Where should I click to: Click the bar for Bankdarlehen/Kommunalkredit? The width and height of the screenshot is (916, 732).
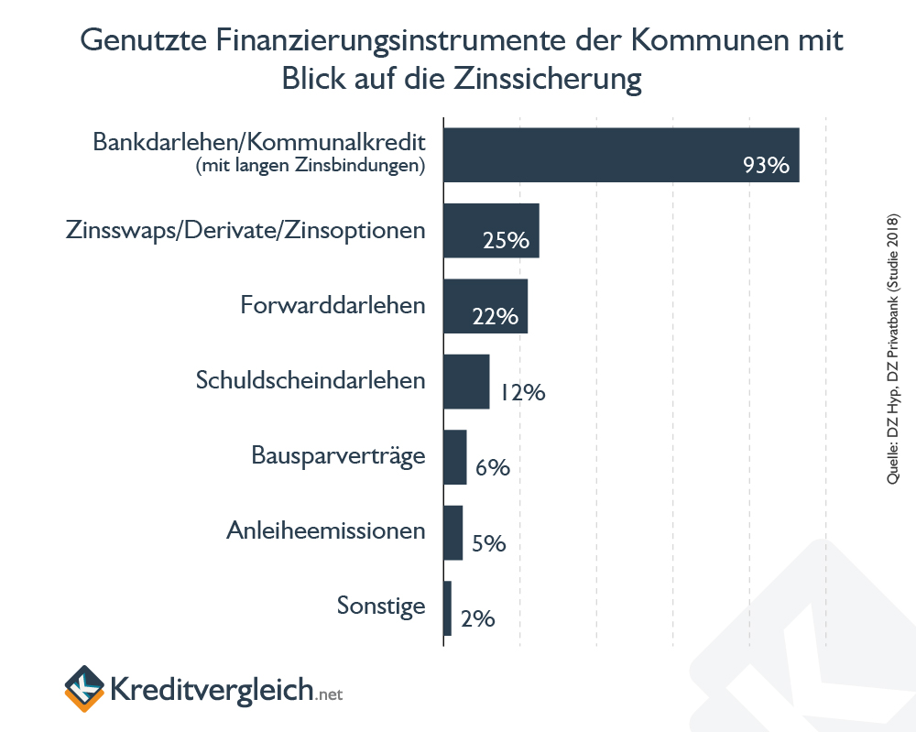coord(621,155)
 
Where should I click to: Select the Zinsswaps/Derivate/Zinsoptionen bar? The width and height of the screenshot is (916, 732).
coord(491,230)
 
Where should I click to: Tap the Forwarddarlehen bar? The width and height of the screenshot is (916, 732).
coord(485,306)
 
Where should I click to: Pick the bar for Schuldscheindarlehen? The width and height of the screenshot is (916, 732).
coord(466,381)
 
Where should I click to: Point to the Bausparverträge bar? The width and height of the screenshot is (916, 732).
coord(455,456)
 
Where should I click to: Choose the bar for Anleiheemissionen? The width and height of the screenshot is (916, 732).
coord(453,532)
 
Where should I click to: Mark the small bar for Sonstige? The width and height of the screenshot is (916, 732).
coord(448,608)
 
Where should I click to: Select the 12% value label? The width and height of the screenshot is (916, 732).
coord(523,393)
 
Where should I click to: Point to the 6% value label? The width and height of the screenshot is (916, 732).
coord(492,468)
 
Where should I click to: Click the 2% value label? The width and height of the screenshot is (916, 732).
coord(478,619)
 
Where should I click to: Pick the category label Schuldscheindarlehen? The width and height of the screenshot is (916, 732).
coord(311,380)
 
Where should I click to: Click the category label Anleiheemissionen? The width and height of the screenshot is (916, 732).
coord(326,530)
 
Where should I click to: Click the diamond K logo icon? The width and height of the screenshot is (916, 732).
coord(82,688)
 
